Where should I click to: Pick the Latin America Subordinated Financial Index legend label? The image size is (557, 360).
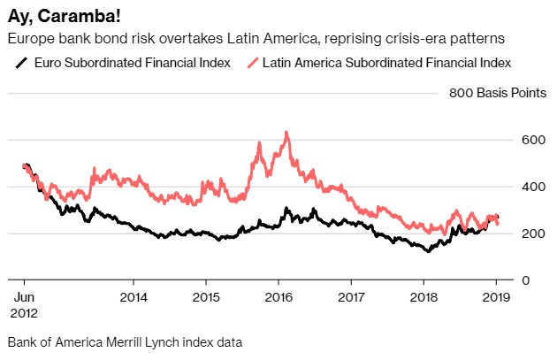pos(385,62)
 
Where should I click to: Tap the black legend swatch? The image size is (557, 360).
pos(20,62)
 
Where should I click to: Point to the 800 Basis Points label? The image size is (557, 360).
pos(491,93)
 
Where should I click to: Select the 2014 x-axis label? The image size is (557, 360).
pos(133,298)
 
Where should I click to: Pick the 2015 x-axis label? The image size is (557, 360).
pos(205,298)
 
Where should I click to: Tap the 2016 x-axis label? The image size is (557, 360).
pos(278,298)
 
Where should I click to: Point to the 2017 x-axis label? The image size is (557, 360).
pos(351,298)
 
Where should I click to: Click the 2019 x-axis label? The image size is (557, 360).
pos(496,298)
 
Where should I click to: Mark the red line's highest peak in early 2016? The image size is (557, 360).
pos(286,133)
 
